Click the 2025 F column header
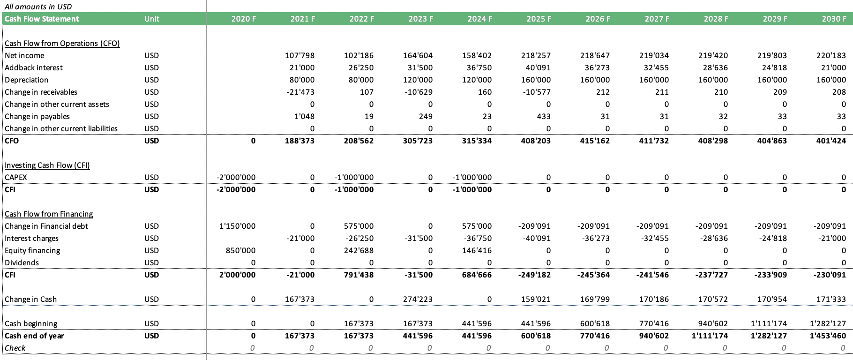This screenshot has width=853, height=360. (x=539, y=19)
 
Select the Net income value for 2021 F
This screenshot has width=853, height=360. (x=299, y=55)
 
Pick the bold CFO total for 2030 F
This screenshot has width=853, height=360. (x=831, y=141)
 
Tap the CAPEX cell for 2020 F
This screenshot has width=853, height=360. (x=237, y=177)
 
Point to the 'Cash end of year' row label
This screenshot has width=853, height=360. (x=34, y=336)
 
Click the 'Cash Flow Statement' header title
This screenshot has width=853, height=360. (x=42, y=19)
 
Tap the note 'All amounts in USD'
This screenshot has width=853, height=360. (x=38, y=7)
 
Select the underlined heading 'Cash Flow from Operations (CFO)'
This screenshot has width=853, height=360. (x=62, y=43)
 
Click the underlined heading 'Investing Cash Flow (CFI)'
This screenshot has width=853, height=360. (x=47, y=165)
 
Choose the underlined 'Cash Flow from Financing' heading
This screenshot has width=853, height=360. (x=49, y=214)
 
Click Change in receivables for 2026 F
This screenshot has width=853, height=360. (x=603, y=92)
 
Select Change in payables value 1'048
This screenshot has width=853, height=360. (x=305, y=116)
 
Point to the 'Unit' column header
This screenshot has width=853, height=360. (x=152, y=19)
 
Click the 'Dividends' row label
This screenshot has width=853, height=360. (x=22, y=262)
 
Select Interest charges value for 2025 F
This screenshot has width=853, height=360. (x=536, y=238)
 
